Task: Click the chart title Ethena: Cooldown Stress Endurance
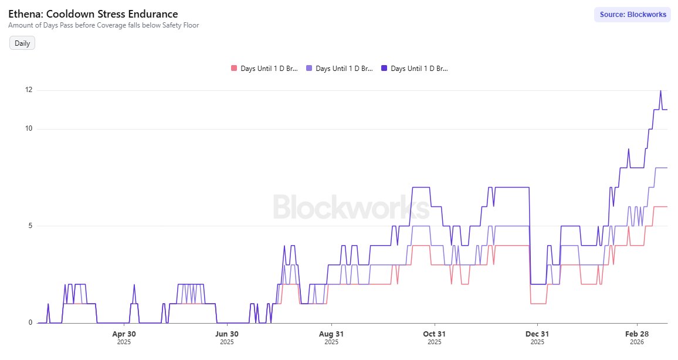(x=93, y=13)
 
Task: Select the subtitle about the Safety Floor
(x=103, y=25)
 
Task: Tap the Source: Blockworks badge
(x=633, y=15)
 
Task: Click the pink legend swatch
(x=234, y=69)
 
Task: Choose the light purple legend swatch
(x=309, y=69)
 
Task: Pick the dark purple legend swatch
(x=384, y=69)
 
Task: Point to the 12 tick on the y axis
(x=28, y=90)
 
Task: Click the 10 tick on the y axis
(x=28, y=129)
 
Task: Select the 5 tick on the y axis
(x=30, y=226)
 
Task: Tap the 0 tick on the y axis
(x=30, y=322)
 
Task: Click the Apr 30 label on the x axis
(x=124, y=334)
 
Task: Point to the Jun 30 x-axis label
(x=227, y=334)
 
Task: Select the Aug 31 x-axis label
(x=331, y=334)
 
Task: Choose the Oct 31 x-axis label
(x=434, y=334)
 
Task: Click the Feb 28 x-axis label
(x=638, y=334)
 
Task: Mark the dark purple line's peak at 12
(x=660, y=91)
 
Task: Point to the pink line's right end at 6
(x=667, y=206)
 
